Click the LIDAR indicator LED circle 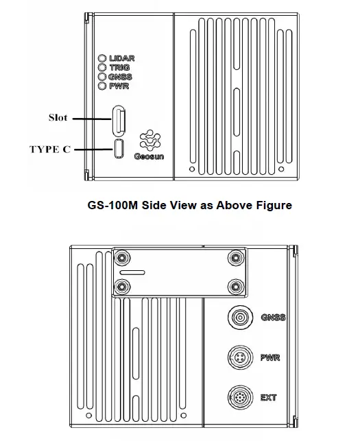coord(102,59)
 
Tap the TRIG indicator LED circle coord(102,68)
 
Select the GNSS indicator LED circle coord(102,78)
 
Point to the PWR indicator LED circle coord(102,86)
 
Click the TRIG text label coord(119,68)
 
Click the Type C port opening coord(119,148)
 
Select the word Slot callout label coord(58,117)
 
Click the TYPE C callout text coord(49,149)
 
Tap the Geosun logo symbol coord(148,140)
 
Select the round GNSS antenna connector coord(241,318)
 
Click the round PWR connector coord(241,357)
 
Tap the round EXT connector coord(241,397)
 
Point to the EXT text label coord(269,397)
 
